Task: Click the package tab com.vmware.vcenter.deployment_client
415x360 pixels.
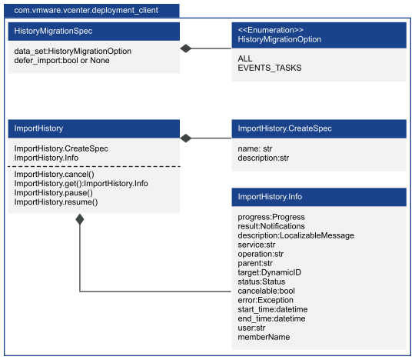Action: pyautogui.click(x=91, y=11)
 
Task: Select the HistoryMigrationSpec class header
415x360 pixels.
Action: pyautogui.click(x=94, y=32)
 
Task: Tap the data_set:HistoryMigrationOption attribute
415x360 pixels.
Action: pyautogui.click(x=73, y=51)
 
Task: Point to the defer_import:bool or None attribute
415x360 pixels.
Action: pyautogui.click(x=61, y=61)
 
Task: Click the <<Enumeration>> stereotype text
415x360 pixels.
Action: pyautogui.click(x=271, y=30)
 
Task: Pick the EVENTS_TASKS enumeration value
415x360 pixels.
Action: pyautogui.click(x=270, y=68)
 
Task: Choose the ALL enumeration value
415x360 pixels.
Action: pyautogui.click(x=245, y=58)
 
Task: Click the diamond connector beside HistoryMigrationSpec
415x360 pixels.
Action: pyautogui.click(x=186, y=48)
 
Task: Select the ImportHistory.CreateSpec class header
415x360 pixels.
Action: pyautogui.click(x=319, y=128)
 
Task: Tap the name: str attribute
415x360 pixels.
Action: pyautogui.click(x=254, y=148)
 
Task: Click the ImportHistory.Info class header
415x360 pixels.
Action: pyautogui.click(x=319, y=197)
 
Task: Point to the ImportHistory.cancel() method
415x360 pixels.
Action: pyautogui.click(x=55, y=175)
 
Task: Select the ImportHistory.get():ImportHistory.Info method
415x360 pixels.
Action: pyautogui.click(x=81, y=184)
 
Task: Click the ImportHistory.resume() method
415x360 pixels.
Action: pyautogui.click(x=56, y=202)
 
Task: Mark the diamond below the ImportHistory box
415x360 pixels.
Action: pyautogui.click(x=80, y=219)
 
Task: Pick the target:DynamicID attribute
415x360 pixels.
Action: pyautogui.click(x=270, y=272)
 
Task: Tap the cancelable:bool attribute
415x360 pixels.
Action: pyautogui.click(x=266, y=291)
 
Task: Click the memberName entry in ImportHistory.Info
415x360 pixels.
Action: pyautogui.click(x=264, y=337)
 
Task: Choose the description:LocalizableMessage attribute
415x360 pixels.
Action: pyautogui.click(x=296, y=235)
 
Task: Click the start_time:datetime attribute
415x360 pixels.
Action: pyautogui.click(x=273, y=309)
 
